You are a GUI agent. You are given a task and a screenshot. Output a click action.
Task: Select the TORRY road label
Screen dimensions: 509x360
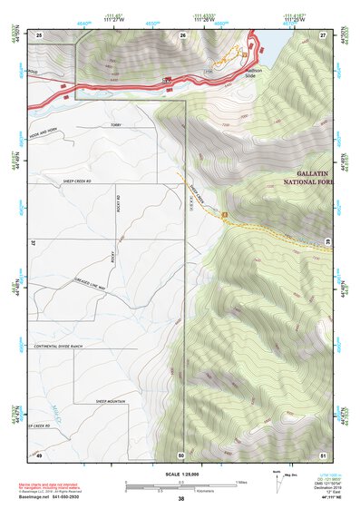tap(114, 125)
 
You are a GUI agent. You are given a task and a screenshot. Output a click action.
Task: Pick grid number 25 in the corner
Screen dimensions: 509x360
tap(39, 34)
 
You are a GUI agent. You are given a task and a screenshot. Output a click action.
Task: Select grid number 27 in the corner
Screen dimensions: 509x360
tap(322, 34)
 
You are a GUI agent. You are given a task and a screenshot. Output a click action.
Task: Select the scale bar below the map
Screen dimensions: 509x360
tap(180, 486)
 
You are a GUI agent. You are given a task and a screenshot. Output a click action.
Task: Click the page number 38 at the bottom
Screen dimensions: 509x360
tap(180, 499)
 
